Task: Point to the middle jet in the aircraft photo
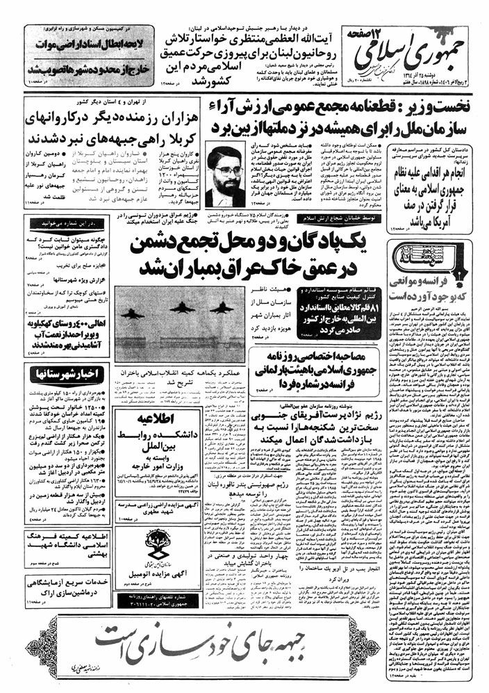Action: pos(181,309)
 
